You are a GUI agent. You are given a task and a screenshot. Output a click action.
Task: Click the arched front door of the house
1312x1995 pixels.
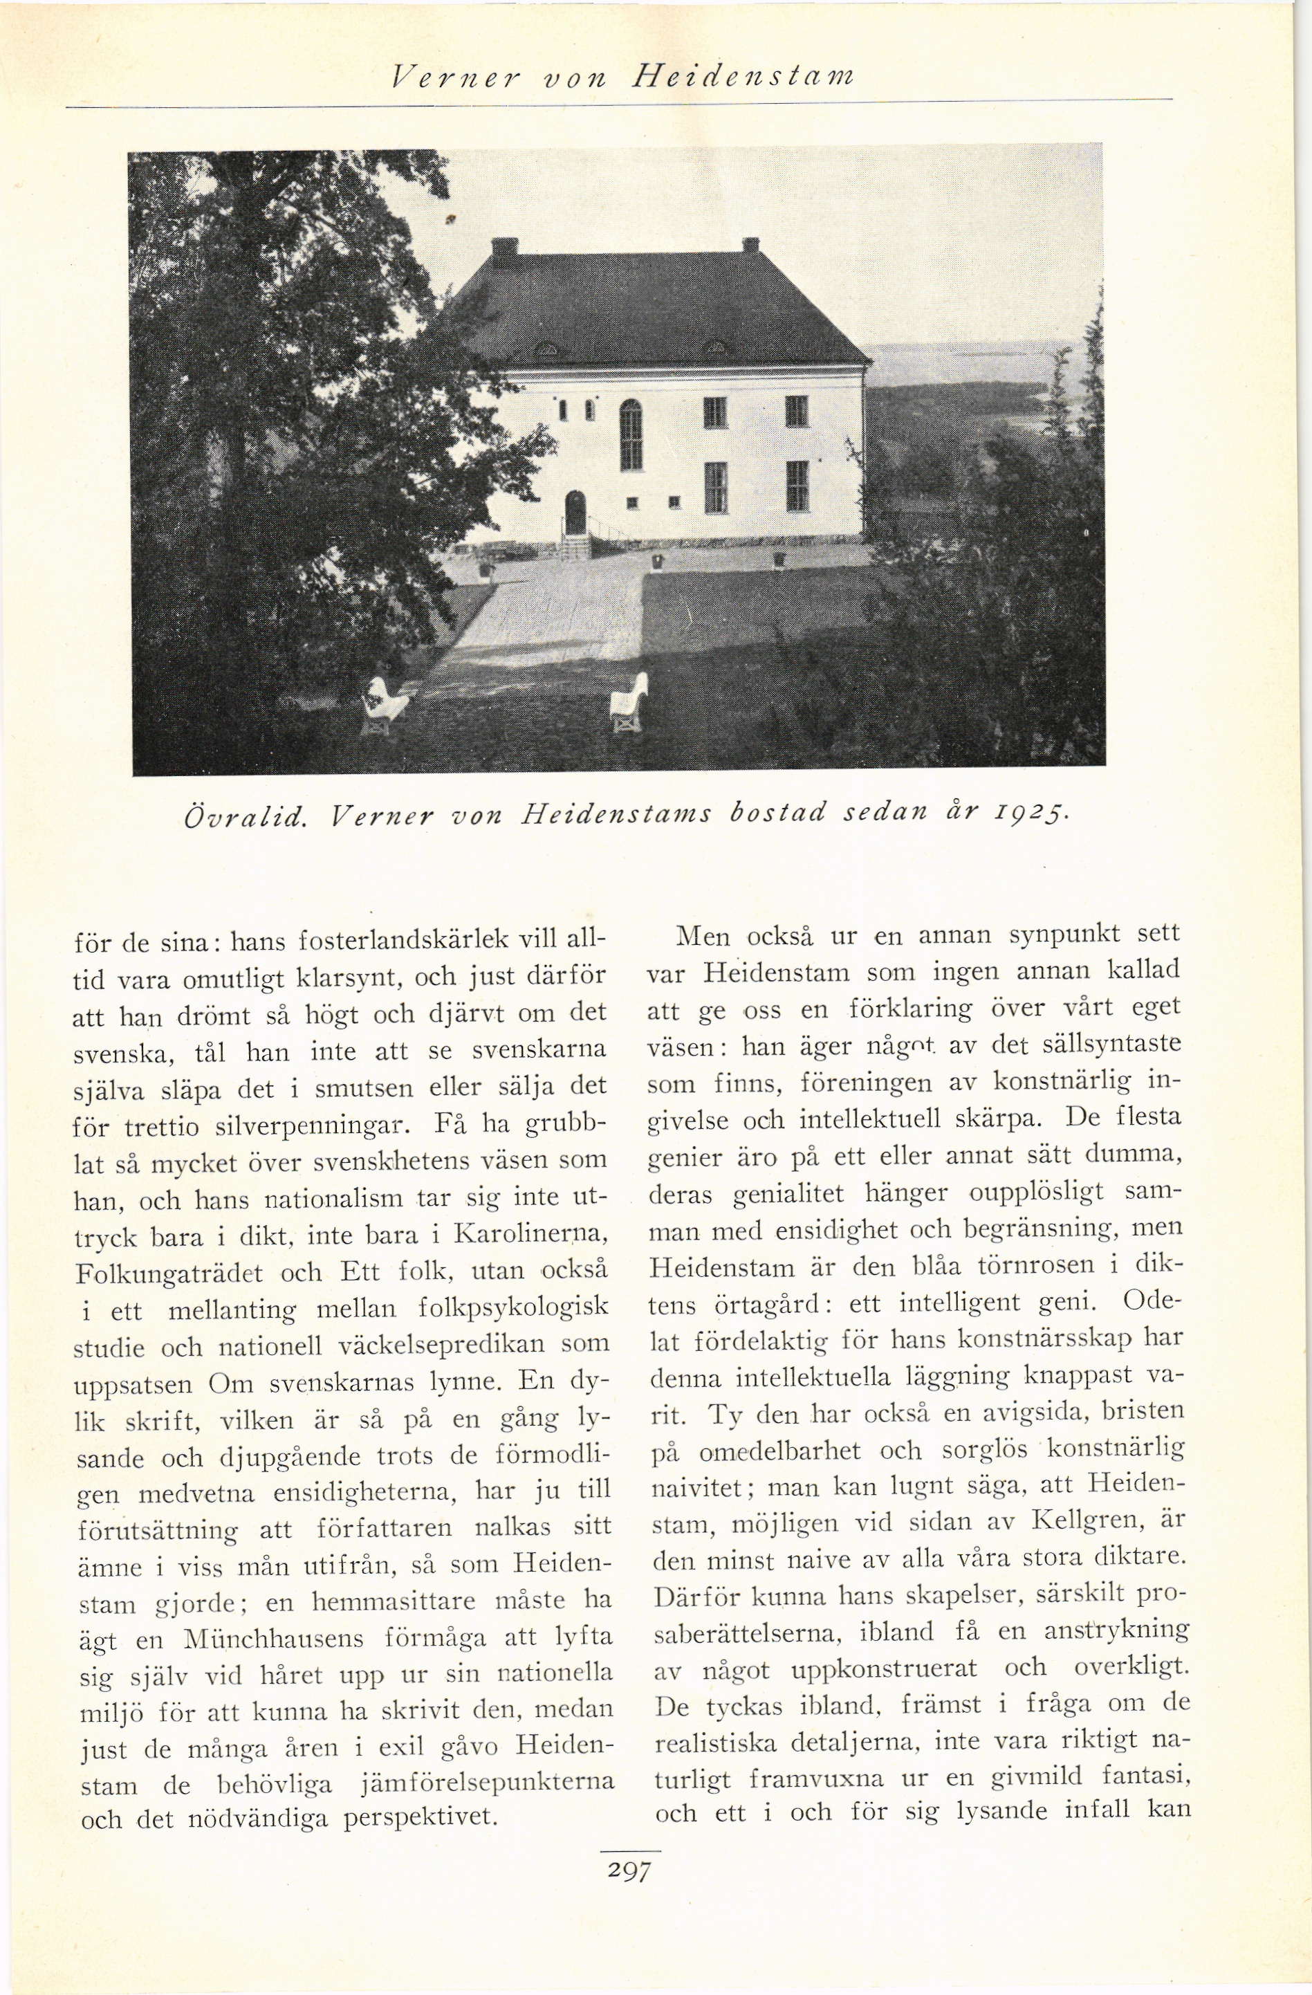pos(575,512)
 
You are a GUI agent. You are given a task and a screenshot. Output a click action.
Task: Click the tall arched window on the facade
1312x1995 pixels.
pos(631,434)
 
